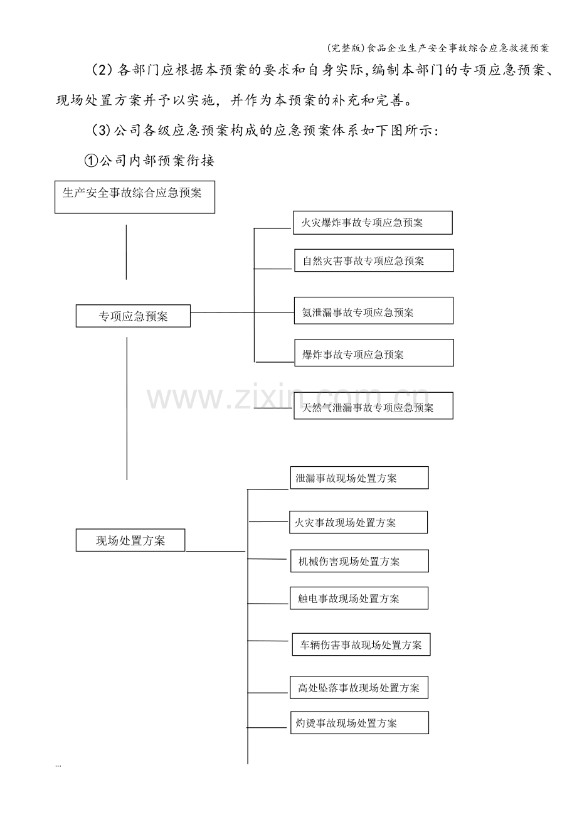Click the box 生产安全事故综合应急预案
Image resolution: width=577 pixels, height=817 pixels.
pos(134,197)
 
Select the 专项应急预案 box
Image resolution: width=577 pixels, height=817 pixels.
pos(133,316)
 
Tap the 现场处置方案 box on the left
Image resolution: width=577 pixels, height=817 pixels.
pos(130,540)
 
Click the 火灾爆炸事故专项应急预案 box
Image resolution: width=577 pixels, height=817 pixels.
pos(373,223)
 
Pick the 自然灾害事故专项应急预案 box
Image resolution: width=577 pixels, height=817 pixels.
pos(374,260)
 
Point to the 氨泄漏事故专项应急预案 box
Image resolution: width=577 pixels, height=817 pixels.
pos(374,311)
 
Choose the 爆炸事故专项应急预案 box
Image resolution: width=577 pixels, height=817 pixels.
pos(374,353)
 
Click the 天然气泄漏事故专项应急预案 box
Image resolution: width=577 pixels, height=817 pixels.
pos(373,405)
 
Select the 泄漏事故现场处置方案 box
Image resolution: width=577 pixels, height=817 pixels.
pos(359,478)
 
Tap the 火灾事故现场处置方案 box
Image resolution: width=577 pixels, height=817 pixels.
pos(358,522)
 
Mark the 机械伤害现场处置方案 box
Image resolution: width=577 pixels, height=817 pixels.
pos(359,560)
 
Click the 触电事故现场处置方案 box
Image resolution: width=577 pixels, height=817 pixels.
pos(359,598)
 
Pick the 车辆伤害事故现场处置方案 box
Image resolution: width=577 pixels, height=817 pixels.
pos(361,644)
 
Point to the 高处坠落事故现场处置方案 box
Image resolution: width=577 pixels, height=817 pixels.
pos(359,687)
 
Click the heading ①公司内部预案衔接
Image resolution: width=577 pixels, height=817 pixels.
pos(149,161)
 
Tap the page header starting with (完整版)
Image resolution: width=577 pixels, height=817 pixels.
pos(438,48)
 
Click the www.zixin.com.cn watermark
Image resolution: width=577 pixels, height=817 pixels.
pos(288,398)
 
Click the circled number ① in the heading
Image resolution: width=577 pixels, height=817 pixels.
pos(91,161)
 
